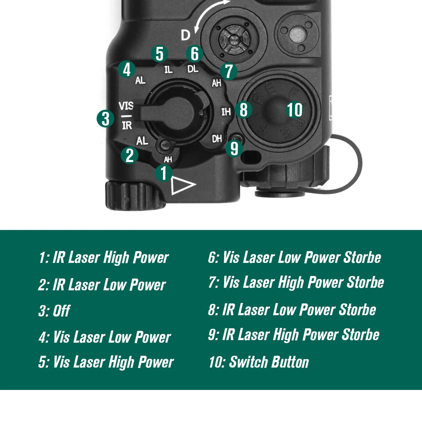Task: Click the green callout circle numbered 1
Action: (x=164, y=173)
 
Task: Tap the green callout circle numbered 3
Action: (x=105, y=119)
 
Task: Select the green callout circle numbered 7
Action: (x=228, y=71)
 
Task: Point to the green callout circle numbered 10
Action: (x=295, y=110)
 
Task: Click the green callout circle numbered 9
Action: (x=234, y=148)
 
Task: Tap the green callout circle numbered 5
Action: (x=160, y=54)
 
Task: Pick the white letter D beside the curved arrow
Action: (x=185, y=35)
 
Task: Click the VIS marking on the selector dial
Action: (x=126, y=106)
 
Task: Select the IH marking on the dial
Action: (x=226, y=111)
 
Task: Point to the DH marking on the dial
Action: (x=216, y=139)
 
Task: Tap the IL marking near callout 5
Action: (x=168, y=70)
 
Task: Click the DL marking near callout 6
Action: (x=193, y=69)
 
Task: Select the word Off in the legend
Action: (x=62, y=311)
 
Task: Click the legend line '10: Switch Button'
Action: (x=259, y=362)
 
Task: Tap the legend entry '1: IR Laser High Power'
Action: (x=104, y=257)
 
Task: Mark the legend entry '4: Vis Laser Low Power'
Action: (x=105, y=337)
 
